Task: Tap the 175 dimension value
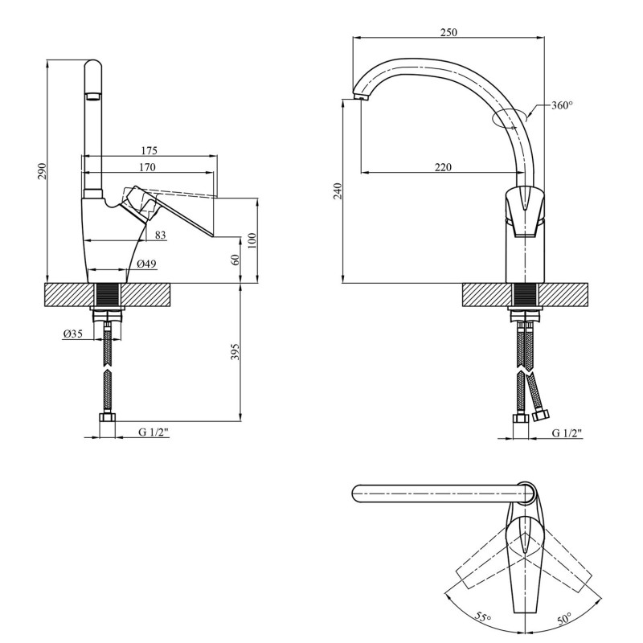tap(148, 150)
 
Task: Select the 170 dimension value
tap(145, 167)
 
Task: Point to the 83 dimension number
tap(161, 235)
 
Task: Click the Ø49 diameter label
tap(145, 264)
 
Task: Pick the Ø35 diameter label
tap(73, 335)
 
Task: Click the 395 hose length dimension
tap(234, 352)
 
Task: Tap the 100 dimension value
tap(252, 240)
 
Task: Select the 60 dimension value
tap(235, 260)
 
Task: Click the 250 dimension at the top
tap(449, 32)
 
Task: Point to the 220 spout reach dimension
tap(443, 167)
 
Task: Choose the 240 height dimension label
tap(338, 191)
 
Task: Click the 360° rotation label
tap(562, 105)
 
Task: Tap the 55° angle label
tap(482, 617)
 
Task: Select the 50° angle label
tap(563, 618)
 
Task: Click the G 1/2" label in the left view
tap(153, 432)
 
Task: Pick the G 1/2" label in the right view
tap(567, 432)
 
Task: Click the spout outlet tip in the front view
tap(358, 97)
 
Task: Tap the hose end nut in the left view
tap(107, 418)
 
